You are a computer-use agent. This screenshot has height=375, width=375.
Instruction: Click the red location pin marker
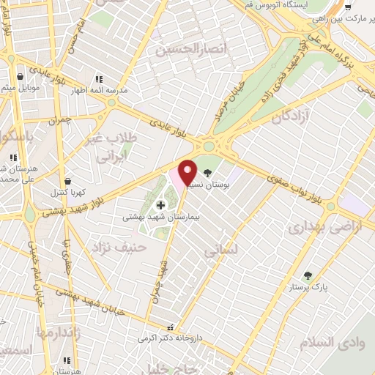pos(187,172)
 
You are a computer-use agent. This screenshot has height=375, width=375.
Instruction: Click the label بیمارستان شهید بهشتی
pos(160,218)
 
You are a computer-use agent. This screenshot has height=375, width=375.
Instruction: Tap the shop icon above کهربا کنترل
pos(67,179)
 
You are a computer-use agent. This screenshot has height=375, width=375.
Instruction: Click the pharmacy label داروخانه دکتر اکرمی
pos(170,339)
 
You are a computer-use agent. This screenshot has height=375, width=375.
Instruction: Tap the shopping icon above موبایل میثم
pos(20,75)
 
